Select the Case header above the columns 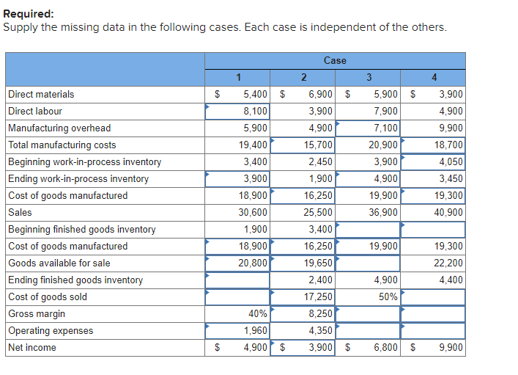[x=334, y=60]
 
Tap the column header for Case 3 [x=368, y=78]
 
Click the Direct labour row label [x=35, y=112]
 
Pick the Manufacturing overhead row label [x=59, y=128]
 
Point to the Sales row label [x=20, y=213]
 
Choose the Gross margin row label [x=37, y=314]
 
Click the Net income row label [x=32, y=348]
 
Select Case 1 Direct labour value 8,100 [x=255, y=112]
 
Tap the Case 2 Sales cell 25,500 [x=318, y=213]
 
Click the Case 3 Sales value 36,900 [x=383, y=213]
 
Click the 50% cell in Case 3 [x=388, y=297]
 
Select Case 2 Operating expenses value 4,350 [x=319, y=331]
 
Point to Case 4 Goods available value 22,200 [x=448, y=263]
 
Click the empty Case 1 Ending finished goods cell [x=237, y=280]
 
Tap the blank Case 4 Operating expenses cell [x=433, y=331]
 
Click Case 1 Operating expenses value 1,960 [x=255, y=331]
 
